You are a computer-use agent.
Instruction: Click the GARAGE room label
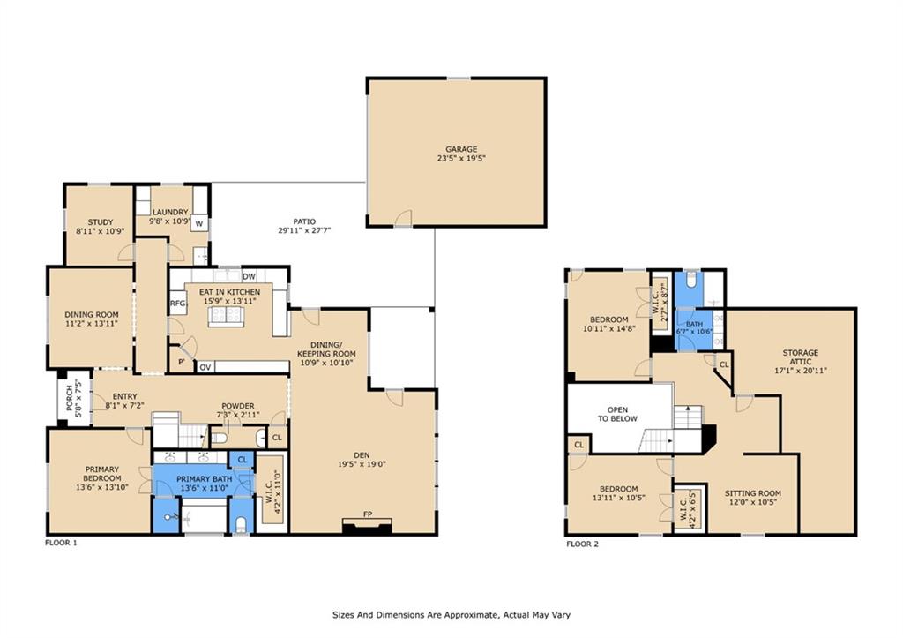tap(461, 149)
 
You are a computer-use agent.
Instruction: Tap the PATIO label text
tap(304, 221)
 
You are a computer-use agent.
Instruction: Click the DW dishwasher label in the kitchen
tap(249, 276)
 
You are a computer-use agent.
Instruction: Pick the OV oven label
tap(205, 367)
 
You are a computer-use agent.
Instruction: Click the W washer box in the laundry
tap(199, 223)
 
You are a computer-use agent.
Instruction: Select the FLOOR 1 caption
tap(61, 543)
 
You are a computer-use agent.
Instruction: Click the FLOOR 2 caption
tap(582, 544)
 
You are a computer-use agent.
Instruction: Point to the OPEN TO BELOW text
tap(617, 415)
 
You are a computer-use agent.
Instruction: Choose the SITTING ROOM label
tap(753, 493)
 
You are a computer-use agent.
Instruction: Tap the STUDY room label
tap(101, 221)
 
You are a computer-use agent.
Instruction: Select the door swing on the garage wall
tap(404, 218)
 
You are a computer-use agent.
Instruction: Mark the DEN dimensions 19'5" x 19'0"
tap(362, 464)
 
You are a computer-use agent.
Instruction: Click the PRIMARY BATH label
tap(205, 479)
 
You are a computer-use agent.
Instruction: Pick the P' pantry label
tap(182, 362)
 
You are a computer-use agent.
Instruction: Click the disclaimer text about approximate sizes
tap(451, 615)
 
